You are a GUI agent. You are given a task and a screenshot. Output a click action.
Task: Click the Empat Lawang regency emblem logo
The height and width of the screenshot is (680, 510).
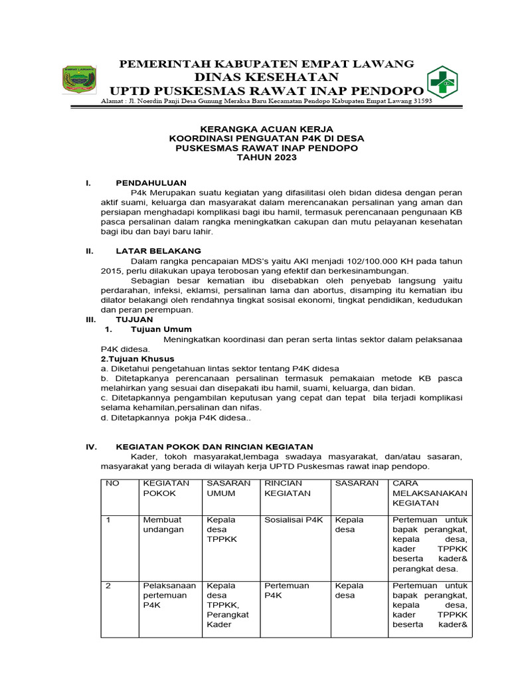tap(79, 80)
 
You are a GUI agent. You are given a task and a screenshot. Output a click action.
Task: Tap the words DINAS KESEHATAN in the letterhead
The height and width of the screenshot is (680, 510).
tap(266, 77)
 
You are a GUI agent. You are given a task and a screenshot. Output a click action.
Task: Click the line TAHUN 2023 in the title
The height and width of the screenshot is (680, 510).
tap(266, 158)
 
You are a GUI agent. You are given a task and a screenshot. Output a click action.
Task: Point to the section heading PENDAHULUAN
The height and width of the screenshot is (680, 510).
tap(151, 183)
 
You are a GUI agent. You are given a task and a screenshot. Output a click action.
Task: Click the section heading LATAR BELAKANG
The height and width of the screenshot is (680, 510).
tap(158, 251)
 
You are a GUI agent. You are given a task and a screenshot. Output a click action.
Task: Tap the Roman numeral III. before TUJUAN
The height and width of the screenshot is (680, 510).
tap(92, 319)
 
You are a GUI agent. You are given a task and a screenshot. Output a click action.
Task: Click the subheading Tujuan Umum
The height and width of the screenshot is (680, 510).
tap(162, 329)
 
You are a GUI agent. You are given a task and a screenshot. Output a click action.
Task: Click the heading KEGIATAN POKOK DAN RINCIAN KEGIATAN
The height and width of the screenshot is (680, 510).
tap(214, 447)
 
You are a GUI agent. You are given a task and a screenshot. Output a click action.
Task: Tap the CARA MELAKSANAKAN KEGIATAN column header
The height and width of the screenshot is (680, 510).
tap(430, 494)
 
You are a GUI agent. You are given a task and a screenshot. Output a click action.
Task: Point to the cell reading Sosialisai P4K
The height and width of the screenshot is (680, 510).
tap(293, 520)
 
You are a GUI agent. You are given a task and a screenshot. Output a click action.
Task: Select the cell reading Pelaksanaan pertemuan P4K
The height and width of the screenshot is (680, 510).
tap(169, 596)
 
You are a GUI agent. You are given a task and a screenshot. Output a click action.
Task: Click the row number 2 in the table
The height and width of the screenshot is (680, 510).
tap(110, 586)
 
